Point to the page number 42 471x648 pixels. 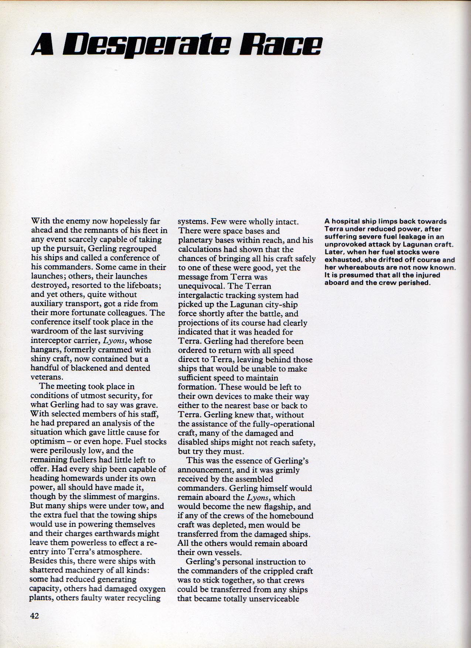34,615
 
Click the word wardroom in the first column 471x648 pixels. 47,331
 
